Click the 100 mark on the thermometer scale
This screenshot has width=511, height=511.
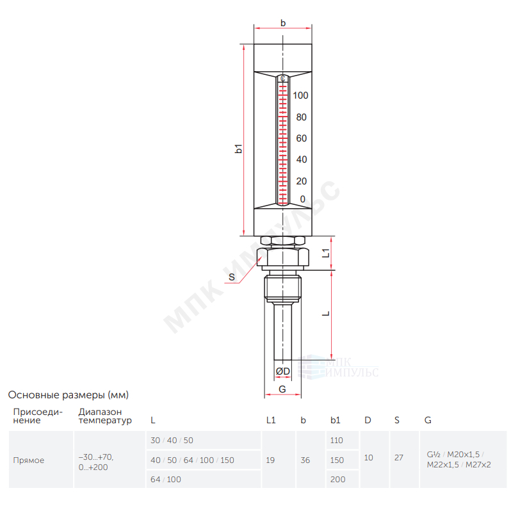(x=300, y=95)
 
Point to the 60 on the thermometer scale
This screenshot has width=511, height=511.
(x=302, y=138)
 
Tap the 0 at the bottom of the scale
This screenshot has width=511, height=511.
(x=303, y=199)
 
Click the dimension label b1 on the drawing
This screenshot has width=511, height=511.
(x=239, y=149)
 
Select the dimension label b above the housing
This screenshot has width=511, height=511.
(x=283, y=23)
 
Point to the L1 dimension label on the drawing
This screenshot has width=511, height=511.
(x=326, y=253)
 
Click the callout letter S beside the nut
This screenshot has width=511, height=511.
(x=232, y=277)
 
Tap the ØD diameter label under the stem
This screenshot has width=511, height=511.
(x=282, y=371)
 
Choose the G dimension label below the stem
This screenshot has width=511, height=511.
(x=282, y=389)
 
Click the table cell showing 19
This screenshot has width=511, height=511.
(x=270, y=460)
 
